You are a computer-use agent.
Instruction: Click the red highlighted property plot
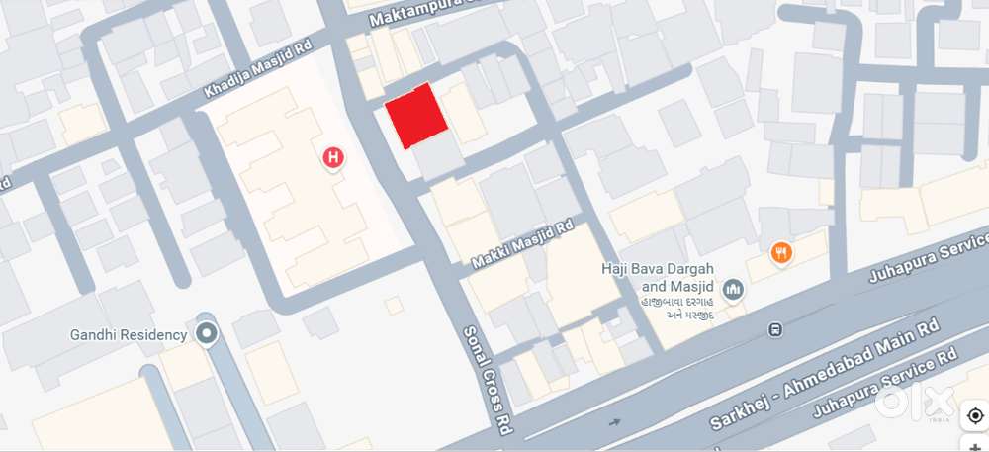pos(415,116)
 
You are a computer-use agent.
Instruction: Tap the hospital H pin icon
pos(334,157)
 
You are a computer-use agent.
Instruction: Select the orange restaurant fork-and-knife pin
pos(781,253)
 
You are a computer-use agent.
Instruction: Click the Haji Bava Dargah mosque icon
pos(733,289)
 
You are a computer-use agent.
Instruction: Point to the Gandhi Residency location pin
pos(206,333)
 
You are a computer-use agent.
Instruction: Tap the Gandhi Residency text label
pos(129,334)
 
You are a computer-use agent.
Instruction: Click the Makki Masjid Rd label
pos(523,244)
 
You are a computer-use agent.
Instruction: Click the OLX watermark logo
pos(914,402)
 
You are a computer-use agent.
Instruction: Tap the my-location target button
pos(975,415)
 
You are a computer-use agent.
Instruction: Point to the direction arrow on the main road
pos(615,423)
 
